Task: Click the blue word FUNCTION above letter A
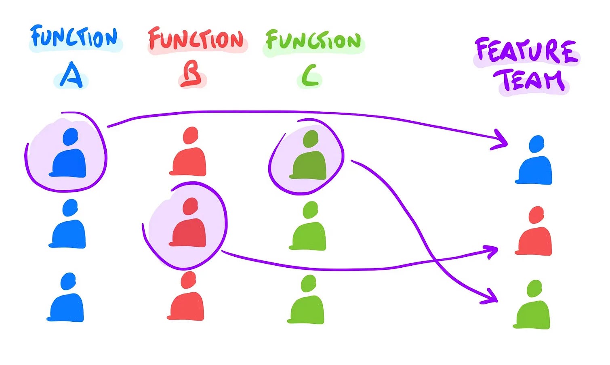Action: (x=74, y=38)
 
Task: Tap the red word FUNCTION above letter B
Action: (x=196, y=40)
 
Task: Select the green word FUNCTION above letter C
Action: (x=313, y=41)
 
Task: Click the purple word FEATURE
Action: (x=526, y=51)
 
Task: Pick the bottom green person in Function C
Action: (x=307, y=301)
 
